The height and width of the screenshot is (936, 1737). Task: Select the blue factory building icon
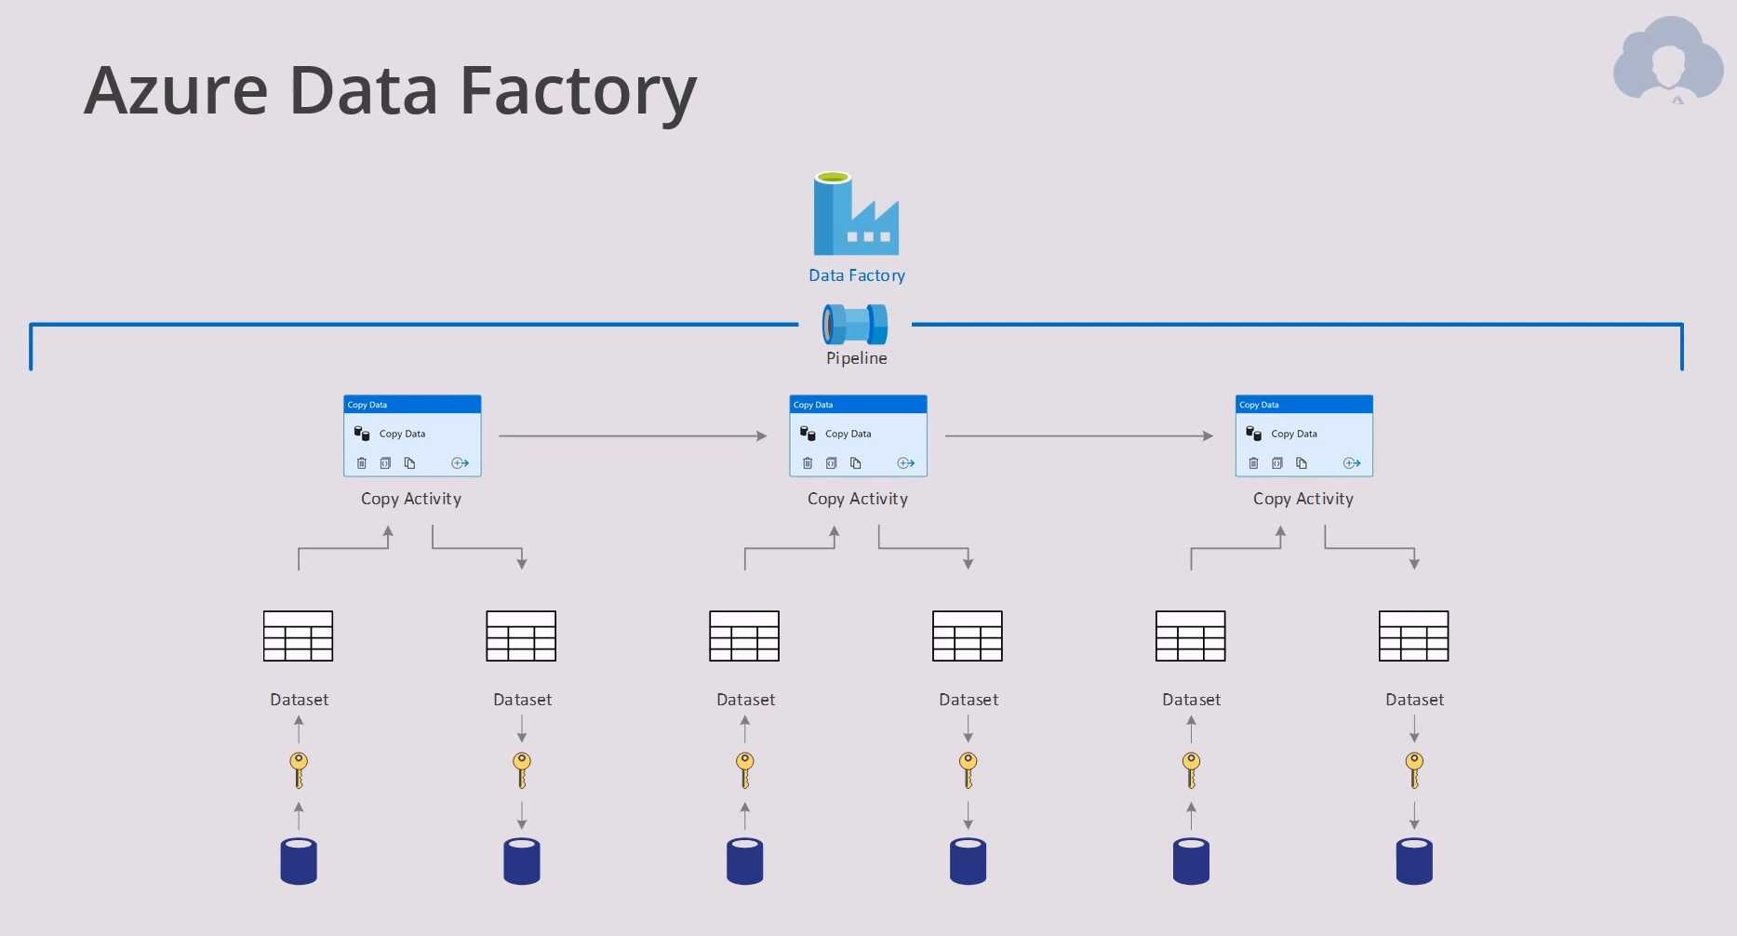(x=856, y=215)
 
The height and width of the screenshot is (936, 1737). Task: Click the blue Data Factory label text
(x=856, y=275)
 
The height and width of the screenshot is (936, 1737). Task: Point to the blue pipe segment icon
(x=855, y=324)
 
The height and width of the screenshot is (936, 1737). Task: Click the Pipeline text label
(x=856, y=358)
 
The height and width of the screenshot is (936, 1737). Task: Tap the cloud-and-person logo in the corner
(x=1668, y=60)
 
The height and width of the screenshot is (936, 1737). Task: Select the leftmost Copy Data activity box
(x=412, y=436)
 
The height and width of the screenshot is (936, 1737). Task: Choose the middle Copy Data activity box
(x=858, y=436)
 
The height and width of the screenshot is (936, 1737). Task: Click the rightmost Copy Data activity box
(x=1303, y=436)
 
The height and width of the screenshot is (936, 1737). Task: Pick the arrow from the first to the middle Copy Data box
(x=633, y=435)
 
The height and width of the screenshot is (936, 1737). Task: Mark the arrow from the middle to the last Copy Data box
(x=1078, y=435)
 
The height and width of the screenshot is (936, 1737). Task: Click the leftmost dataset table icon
(x=298, y=636)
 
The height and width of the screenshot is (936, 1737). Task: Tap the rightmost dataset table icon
(x=1413, y=636)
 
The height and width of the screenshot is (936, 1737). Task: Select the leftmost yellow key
(x=299, y=769)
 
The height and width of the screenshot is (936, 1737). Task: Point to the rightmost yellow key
(x=1414, y=769)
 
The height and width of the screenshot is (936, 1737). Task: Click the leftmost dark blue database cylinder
(x=299, y=861)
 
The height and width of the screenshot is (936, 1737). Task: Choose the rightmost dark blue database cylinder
(x=1414, y=861)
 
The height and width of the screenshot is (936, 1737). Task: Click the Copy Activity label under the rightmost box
(x=1303, y=499)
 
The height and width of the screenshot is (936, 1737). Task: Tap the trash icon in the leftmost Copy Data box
(x=362, y=463)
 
